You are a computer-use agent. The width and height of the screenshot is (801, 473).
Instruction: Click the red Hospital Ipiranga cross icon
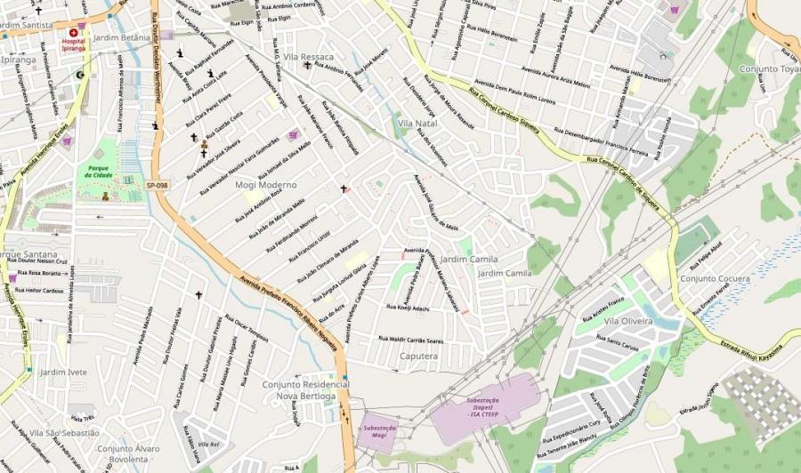coord(74,33)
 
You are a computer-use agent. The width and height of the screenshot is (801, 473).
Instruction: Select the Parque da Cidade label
coord(99,171)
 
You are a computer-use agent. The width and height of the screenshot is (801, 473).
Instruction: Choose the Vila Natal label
coord(417,123)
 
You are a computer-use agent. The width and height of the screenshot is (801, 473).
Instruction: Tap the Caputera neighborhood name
coord(419,356)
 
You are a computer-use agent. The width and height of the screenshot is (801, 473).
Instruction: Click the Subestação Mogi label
coord(379,431)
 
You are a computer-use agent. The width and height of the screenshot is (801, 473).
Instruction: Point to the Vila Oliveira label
coord(628,321)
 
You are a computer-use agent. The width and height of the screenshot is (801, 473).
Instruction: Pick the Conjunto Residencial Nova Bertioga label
coord(299,389)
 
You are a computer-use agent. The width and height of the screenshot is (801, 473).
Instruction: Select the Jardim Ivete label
coord(64,372)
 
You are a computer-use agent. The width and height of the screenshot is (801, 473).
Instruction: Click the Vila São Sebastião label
coord(64,432)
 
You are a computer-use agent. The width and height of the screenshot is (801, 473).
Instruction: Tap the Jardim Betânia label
coord(122,38)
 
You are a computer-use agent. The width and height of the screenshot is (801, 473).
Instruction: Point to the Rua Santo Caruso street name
coord(618,342)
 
